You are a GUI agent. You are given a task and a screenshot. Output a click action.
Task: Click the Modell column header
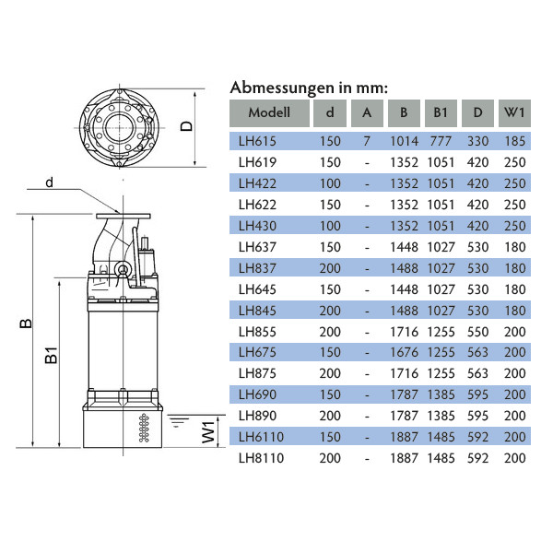269,112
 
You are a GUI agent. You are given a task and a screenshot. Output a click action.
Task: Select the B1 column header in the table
441,112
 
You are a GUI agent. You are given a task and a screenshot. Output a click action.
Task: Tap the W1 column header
514,112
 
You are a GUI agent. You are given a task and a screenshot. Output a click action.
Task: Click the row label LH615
257,141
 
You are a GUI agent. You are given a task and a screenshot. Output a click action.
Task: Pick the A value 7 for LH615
367,141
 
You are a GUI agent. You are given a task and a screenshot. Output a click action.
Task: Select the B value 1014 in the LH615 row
405,141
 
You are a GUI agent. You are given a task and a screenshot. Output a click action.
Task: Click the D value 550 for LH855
477,332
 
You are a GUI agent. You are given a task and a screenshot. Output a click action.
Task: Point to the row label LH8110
261,458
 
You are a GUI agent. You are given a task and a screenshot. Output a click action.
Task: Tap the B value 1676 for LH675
405,352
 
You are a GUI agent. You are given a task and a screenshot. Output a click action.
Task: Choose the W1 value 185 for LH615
515,141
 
